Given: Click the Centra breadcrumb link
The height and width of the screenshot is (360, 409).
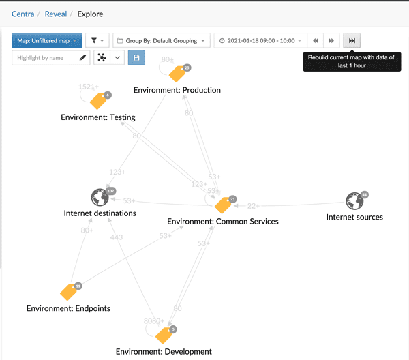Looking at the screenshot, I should pos(22,13).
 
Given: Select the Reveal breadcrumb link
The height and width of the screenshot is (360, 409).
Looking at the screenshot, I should pos(56,13).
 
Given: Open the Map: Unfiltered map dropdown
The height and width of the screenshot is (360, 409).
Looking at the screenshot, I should pos(46,41).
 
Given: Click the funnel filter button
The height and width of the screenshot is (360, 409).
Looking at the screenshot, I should pos(96,41).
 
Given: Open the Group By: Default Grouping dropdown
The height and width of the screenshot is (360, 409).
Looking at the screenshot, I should pos(162,41).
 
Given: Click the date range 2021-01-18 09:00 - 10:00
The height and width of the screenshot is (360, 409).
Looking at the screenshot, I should pos(259,41).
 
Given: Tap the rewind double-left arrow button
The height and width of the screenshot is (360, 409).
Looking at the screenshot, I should pos(316,41).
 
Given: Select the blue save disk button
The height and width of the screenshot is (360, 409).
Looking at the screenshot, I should pos(136,58).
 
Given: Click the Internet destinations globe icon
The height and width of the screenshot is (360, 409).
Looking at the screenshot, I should pos(100,198).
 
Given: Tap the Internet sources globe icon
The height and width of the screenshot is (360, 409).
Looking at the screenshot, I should pos(354,201).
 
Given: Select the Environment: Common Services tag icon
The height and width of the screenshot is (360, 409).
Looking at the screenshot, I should pos(223,205).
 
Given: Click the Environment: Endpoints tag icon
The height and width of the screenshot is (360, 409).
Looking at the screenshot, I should pos(70,291).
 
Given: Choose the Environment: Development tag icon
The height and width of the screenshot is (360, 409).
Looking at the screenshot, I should pos(164,335).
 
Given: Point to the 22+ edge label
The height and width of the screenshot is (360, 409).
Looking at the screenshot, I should pos(254,206).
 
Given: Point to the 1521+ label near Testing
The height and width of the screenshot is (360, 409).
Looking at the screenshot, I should pos(88,87).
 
